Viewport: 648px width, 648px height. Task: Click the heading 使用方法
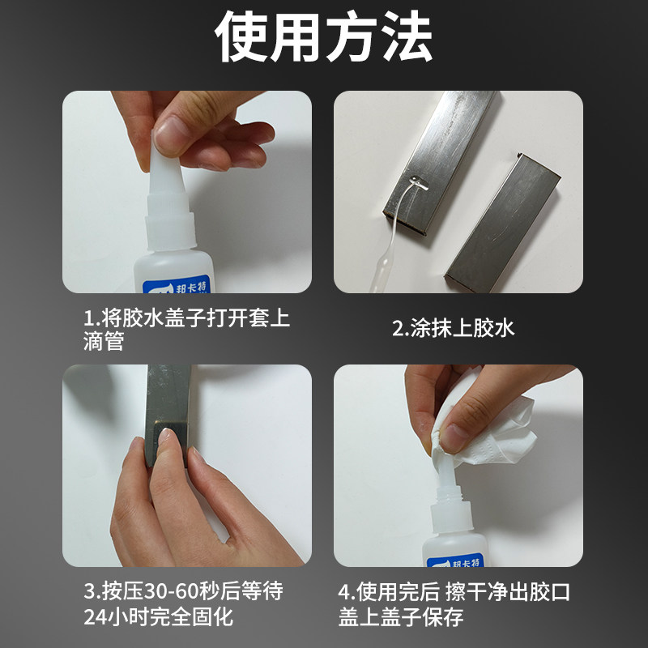[323, 36]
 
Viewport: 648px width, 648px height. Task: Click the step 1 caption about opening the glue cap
[187, 330]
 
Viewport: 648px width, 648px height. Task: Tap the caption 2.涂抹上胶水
[453, 328]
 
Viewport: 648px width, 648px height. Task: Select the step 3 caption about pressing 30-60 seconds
[184, 603]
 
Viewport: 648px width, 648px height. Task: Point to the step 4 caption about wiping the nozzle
[454, 604]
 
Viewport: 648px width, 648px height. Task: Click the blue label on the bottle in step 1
[177, 285]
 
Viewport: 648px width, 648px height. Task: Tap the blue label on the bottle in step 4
[454, 560]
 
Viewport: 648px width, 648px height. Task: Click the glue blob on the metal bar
[418, 183]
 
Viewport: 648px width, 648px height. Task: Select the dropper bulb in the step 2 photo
[379, 273]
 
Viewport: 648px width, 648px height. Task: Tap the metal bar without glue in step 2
[502, 224]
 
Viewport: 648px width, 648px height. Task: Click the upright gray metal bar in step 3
[168, 413]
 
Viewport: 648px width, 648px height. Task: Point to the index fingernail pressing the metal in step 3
[167, 437]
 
